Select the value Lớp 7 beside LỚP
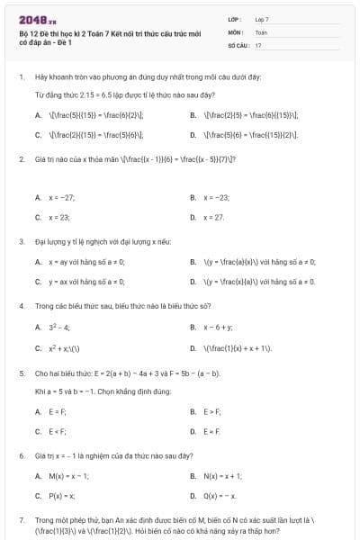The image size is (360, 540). [262, 19]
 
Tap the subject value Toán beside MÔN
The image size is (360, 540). [261, 31]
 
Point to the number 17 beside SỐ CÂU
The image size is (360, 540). [258, 44]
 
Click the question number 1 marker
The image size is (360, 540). [21, 77]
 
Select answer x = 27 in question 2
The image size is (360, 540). [213, 218]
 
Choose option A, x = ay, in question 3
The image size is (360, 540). [85, 262]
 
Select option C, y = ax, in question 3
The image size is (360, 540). [85, 283]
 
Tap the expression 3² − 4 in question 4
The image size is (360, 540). [59, 327]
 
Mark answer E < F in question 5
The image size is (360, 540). [57, 432]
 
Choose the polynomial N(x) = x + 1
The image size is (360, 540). [222, 475]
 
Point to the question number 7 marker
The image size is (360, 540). [21, 520]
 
